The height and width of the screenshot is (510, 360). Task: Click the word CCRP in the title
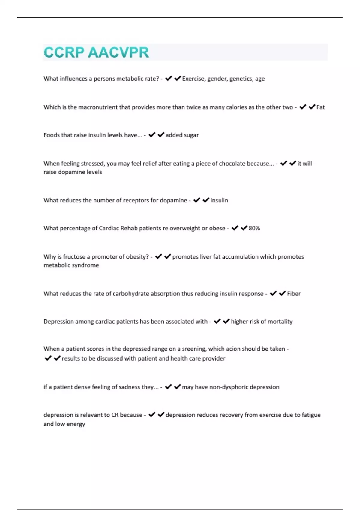[x=64, y=52]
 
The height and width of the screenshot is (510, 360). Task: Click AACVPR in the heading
[x=118, y=52]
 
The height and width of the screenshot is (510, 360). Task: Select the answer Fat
[x=320, y=107]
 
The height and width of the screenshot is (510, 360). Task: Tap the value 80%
[x=254, y=228]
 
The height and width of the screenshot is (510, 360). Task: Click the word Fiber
[x=294, y=294]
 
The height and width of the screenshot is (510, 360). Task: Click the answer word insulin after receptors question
[x=219, y=200]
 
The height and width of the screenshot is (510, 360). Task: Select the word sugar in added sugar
[x=191, y=135]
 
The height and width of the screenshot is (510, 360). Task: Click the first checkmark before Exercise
[x=169, y=79]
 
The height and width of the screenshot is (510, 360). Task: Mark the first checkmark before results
[x=48, y=358]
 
